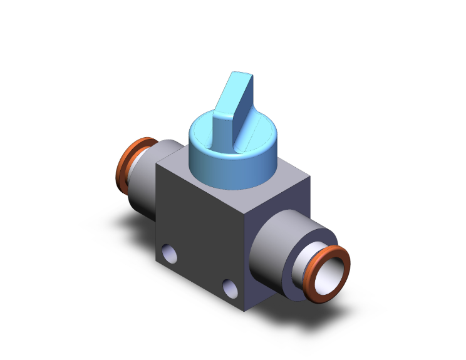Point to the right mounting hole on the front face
pos(230,287)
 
